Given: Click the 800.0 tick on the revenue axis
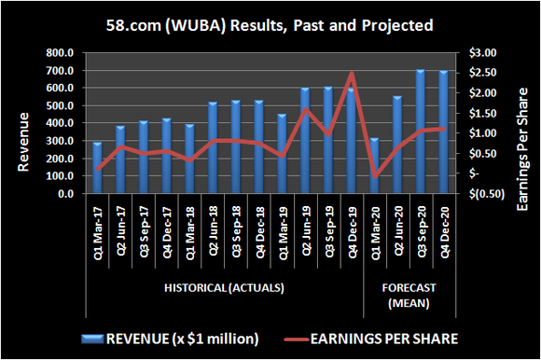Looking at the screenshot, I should coord(63,53).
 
